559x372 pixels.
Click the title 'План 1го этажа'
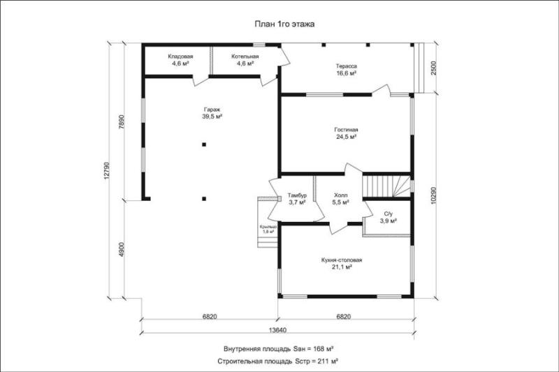pyautogui.click(x=284, y=24)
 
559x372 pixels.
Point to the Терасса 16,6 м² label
pyautogui.click(x=346, y=69)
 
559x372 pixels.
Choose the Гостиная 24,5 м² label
pyautogui.click(x=346, y=133)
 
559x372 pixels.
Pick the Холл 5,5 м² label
pyautogui.click(x=340, y=199)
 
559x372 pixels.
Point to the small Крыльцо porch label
pyautogui.click(x=268, y=229)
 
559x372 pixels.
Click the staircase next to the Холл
pyautogui.click(x=386, y=186)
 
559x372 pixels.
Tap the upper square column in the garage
pyautogui.click(x=204, y=144)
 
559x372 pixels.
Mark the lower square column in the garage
pyautogui.click(x=204, y=199)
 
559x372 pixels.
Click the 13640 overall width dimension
pyautogui.click(x=277, y=329)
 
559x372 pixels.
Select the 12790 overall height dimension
pyautogui.click(x=108, y=170)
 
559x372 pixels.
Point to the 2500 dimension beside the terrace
pyautogui.click(x=433, y=68)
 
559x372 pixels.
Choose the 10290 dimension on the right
pyautogui.click(x=433, y=195)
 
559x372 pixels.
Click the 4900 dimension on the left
pyautogui.click(x=121, y=250)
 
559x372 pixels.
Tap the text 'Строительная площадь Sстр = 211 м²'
pyautogui.click(x=278, y=362)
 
